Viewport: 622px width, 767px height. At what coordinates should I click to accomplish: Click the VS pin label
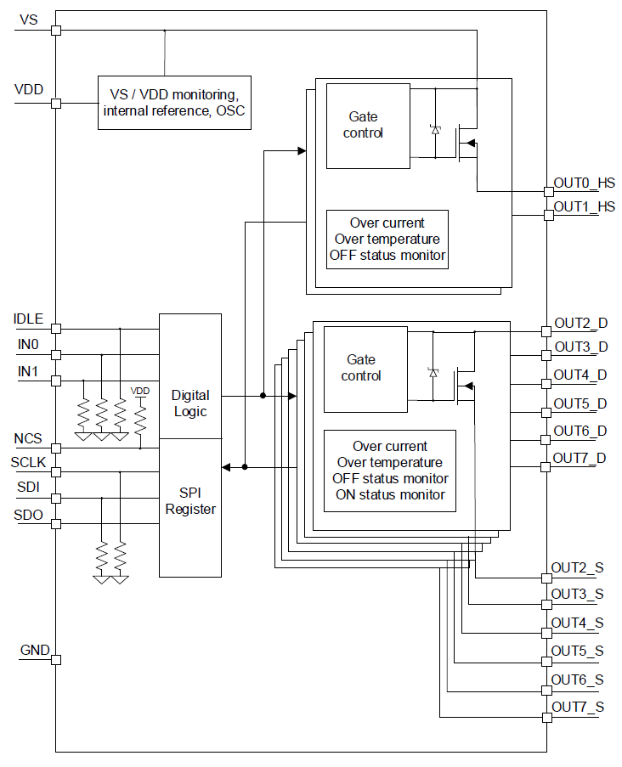coord(28,20)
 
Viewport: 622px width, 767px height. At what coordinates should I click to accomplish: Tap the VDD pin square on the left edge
coord(56,104)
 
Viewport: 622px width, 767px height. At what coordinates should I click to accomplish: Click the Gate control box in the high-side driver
coord(367,126)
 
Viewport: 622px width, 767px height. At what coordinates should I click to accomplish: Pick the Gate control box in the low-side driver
coord(365,369)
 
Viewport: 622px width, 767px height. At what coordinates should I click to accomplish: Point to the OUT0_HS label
coord(584,183)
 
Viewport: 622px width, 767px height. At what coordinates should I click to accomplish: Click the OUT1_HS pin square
coord(548,215)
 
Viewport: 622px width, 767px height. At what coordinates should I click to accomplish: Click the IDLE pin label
coord(28,319)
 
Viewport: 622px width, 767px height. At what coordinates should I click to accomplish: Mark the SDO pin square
coord(56,523)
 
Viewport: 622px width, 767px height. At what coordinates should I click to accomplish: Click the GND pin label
coord(35,651)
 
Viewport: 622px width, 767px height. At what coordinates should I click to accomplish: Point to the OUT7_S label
coord(578,707)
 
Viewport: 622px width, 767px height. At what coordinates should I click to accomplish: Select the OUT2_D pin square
coord(548,330)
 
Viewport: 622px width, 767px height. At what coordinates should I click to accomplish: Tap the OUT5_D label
coord(580,403)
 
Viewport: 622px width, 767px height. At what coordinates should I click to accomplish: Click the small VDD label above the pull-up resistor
coord(139,391)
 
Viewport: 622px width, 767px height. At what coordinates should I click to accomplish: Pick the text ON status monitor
coord(390,495)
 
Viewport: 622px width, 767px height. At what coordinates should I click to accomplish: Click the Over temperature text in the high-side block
coord(387,240)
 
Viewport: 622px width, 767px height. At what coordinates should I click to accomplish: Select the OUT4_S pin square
coord(548,633)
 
